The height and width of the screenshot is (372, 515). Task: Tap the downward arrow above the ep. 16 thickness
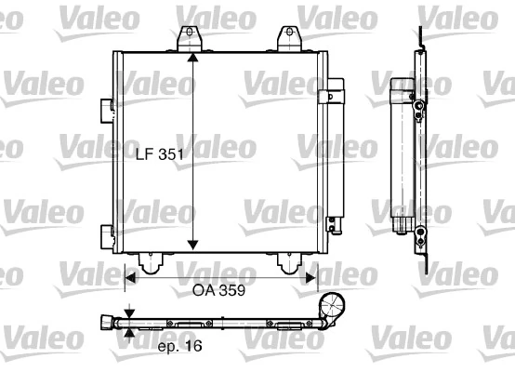(129, 314)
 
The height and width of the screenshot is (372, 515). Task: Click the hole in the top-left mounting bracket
(191, 33)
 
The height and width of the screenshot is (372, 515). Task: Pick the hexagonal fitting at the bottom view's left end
(105, 324)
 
